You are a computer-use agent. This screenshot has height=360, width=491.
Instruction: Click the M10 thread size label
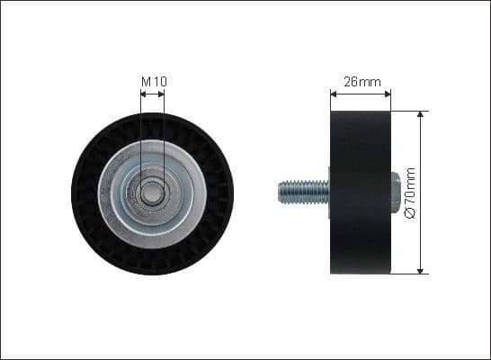click(154, 82)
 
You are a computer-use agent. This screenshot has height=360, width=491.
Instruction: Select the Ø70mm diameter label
click(411, 193)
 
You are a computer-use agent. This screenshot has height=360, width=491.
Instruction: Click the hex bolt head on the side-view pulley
click(396, 192)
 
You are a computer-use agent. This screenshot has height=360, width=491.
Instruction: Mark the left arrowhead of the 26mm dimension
click(333, 92)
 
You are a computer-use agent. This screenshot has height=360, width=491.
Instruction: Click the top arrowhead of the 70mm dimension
click(421, 114)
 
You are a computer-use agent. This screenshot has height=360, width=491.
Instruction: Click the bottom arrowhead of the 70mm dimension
click(421, 270)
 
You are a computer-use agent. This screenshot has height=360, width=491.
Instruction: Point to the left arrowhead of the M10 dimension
click(142, 93)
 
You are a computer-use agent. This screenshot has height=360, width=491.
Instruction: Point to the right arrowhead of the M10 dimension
click(164, 93)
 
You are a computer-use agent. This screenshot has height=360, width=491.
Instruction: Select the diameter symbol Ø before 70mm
click(411, 214)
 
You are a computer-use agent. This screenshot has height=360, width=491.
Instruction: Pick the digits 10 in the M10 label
click(159, 82)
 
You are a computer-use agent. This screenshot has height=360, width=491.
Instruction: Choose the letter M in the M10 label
click(147, 82)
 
